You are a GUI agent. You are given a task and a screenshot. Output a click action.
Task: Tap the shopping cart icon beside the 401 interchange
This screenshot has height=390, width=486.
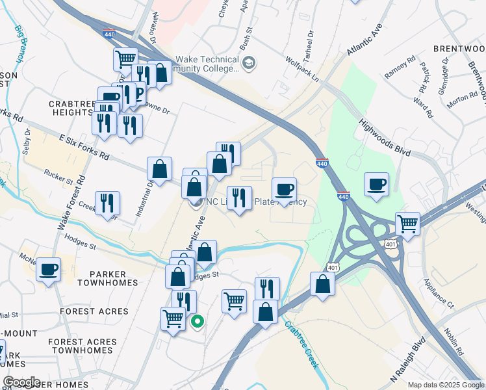(407, 224)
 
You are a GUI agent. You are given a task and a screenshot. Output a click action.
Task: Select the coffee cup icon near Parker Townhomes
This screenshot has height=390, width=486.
(48, 269)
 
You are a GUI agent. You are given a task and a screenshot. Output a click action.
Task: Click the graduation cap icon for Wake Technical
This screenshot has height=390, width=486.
(250, 62)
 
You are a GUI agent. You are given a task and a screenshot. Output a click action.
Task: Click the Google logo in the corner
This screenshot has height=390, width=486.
(21, 382)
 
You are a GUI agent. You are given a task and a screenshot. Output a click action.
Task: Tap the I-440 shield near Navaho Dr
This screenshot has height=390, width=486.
(110, 32)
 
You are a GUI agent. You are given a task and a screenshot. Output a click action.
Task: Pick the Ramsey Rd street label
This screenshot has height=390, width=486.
(400, 67)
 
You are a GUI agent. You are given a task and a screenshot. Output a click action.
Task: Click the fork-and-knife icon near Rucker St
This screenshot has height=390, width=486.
(107, 203)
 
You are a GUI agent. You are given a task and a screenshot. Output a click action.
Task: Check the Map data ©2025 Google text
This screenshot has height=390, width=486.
(445, 385)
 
